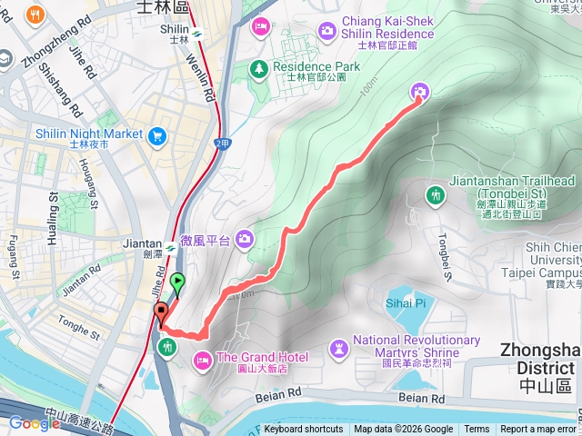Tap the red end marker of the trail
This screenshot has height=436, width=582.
pos(162,312)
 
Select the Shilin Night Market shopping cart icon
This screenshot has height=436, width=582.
pos(158,135)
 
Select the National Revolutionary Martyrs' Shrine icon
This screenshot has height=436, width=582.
pos(339,348)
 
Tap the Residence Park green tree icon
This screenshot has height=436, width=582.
pos(259,68)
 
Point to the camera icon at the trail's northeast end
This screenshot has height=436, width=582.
pos(419,91)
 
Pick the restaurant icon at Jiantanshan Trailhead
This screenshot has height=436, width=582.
pos(436,193)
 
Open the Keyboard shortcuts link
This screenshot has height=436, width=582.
pos(304,430)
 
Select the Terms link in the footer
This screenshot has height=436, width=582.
pos(477,430)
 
